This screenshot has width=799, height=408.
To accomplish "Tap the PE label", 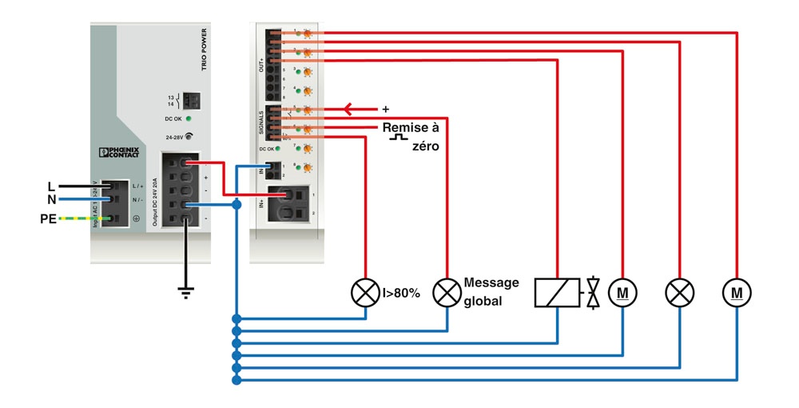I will tap(49, 218).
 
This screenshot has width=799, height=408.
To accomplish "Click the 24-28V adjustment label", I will tap(174, 137).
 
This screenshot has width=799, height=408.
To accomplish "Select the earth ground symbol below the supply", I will tap(186, 292).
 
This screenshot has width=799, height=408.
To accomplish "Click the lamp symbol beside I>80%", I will tap(365, 294).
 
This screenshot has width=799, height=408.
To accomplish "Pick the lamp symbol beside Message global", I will tap(447, 294).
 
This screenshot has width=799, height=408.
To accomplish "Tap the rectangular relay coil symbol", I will tap(557, 294).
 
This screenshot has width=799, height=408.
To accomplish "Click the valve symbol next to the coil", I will tap(593, 294).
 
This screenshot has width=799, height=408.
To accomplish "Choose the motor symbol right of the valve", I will tap(622, 294).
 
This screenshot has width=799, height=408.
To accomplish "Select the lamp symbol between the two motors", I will tap(679, 294).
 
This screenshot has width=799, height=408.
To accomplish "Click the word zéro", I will tap(423, 147).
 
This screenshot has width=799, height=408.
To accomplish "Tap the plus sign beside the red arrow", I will tap(386, 109).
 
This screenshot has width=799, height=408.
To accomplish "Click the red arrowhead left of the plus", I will tap(348, 109).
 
